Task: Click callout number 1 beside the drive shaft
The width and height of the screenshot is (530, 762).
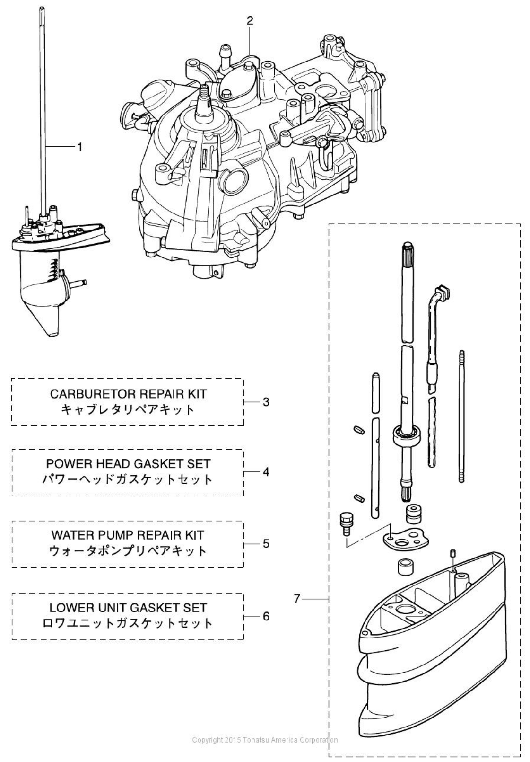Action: tap(80, 147)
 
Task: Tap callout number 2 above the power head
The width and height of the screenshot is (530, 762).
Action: tap(250, 20)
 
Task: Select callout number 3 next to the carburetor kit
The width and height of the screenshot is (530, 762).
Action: tap(266, 401)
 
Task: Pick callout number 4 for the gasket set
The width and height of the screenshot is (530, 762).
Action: tap(266, 472)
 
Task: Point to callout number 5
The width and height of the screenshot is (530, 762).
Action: tap(266, 543)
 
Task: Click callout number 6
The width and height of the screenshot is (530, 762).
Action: tap(266, 616)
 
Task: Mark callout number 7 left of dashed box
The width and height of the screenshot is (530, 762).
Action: tap(297, 599)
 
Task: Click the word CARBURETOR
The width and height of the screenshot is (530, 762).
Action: tap(88, 394)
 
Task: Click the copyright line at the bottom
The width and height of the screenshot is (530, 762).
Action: tap(265, 740)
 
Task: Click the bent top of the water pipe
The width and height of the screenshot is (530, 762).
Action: tap(441, 293)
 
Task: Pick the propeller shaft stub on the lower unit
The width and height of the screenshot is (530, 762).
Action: tap(78, 283)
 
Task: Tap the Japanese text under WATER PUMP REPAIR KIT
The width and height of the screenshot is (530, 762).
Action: tap(128, 551)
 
